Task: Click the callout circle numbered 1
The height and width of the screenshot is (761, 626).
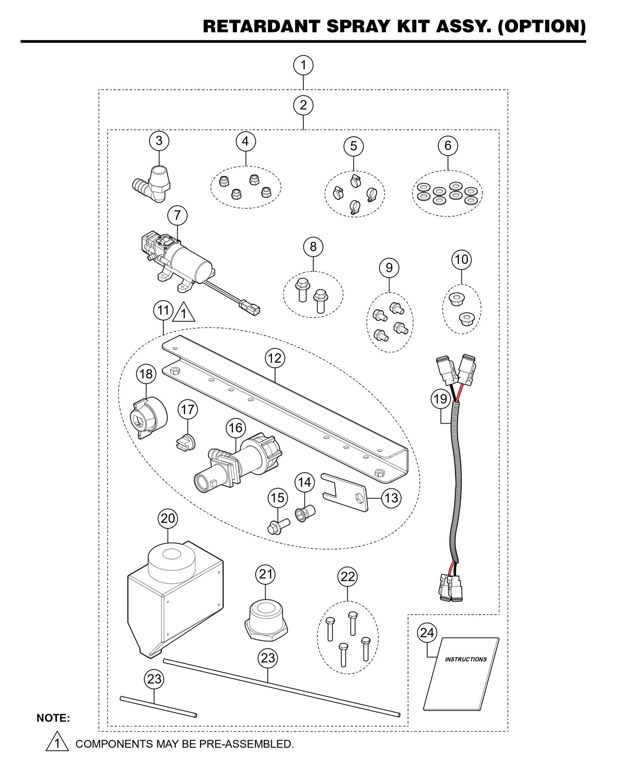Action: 303,65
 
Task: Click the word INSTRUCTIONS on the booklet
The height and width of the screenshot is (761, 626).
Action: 466,659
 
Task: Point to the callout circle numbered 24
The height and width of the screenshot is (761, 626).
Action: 427,633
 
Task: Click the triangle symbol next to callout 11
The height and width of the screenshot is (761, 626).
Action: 184,313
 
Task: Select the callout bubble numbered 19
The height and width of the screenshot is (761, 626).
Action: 441,398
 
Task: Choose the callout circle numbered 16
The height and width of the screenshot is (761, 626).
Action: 235,428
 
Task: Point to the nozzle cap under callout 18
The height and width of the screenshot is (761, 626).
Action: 149,417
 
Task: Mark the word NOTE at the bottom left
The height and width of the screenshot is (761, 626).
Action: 53,718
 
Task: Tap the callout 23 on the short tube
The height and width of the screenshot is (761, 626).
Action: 155,679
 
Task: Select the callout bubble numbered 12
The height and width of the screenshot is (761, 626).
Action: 275,358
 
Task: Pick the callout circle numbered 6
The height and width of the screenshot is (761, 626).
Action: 448,145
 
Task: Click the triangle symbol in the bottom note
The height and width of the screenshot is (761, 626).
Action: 57,744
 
